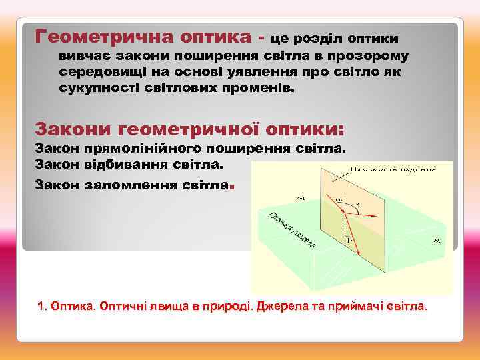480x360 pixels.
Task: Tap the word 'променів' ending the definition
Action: point(257,88)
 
